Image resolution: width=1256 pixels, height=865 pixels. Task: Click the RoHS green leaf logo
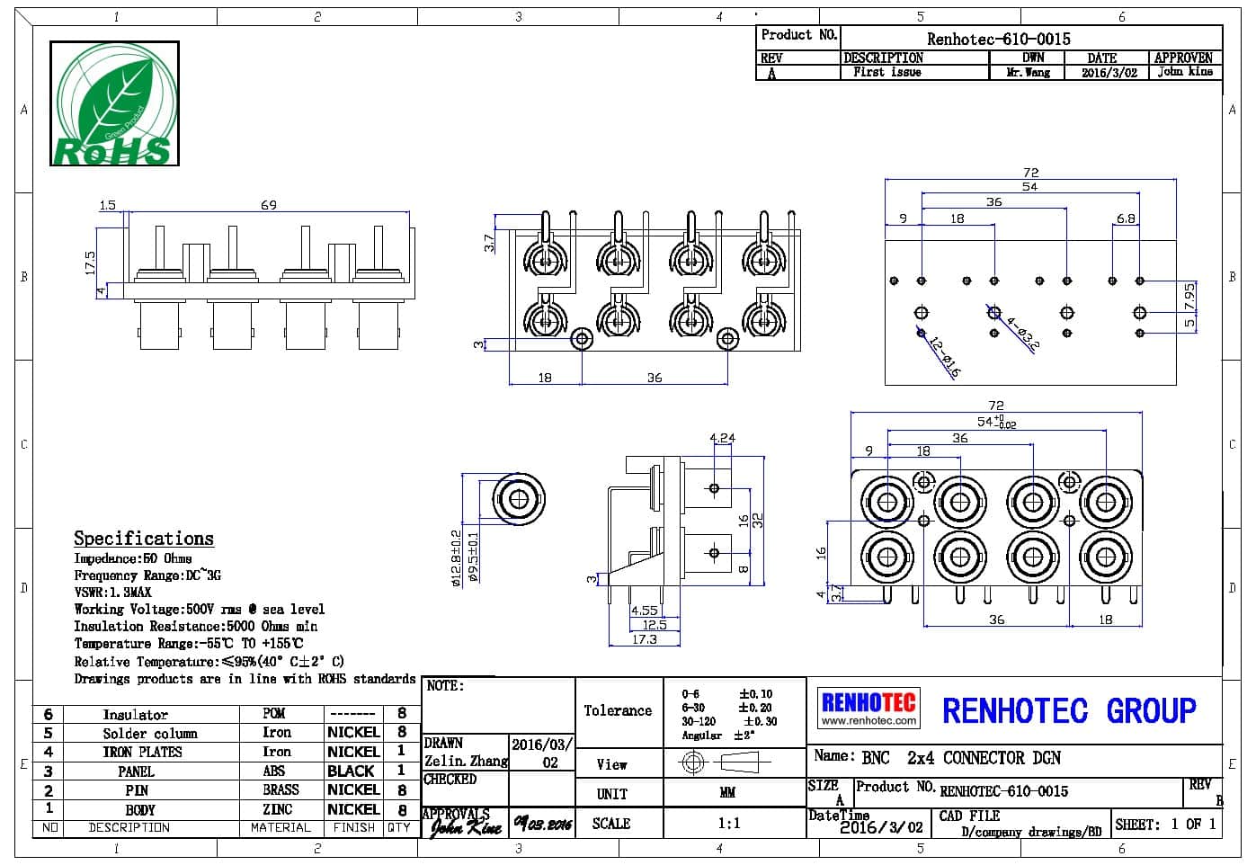[113, 103]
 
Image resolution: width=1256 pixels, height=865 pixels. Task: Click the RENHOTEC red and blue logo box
[869, 708]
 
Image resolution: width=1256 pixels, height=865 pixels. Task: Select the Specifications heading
[144, 539]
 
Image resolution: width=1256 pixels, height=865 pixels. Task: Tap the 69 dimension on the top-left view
[269, 205]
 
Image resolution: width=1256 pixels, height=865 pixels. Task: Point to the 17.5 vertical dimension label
[90, 262]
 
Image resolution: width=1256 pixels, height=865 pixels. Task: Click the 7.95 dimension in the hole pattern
[1189, 293]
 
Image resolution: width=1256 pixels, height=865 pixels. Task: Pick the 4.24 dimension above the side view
[722, 438]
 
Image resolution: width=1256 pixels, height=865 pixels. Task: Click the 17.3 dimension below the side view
[644, 639]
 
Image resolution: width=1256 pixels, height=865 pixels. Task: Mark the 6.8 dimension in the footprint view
[1126, 218]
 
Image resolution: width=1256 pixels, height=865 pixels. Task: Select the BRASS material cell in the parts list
[281, 789]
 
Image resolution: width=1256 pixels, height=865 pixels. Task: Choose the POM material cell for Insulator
[274, 713]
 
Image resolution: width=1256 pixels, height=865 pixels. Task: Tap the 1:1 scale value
[729, 823]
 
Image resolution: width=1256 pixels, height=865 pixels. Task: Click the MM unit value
[727, 793]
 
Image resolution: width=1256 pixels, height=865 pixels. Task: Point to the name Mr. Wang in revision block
[1028, 73]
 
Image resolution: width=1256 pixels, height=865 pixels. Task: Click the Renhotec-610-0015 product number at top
[998, 39]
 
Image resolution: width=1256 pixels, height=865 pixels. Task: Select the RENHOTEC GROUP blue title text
[1069, 710]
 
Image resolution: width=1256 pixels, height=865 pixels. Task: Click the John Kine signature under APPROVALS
[465, 826]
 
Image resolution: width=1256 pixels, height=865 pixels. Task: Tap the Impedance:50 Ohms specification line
[133, 558]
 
